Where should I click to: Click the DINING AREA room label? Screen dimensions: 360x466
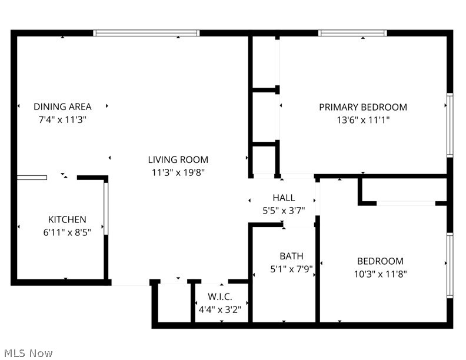(x=62, y=106)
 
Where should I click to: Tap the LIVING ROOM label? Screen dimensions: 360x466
(x=178, y=159)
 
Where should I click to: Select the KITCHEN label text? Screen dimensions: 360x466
(x=67, y=219)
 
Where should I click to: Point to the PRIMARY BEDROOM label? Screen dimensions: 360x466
(x=363, y=107)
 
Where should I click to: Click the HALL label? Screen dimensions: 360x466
(x=284, y=198)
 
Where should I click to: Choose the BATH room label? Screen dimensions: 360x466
(x=291, y=256)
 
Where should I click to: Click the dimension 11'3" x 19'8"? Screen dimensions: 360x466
(x=178, y=172)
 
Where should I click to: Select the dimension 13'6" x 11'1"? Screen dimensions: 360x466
(x=363, y=120)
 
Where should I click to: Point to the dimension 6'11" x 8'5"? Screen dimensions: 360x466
(x=67, y=232)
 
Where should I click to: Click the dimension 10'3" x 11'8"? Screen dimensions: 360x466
(x=380, y=274)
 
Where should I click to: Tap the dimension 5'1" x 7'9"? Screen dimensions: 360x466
(x=291, y=269)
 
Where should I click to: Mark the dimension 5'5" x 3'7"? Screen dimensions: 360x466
(x=284, y=210)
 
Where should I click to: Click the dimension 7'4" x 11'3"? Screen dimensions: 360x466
(x=62, y=119)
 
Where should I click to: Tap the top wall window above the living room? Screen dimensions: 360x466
(x=147, y=33)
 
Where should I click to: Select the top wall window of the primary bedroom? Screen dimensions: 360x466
(x=352, y=33)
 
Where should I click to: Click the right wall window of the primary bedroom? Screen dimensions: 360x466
(x=450, y=124)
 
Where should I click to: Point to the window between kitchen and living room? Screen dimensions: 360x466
(x=106, y=208)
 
